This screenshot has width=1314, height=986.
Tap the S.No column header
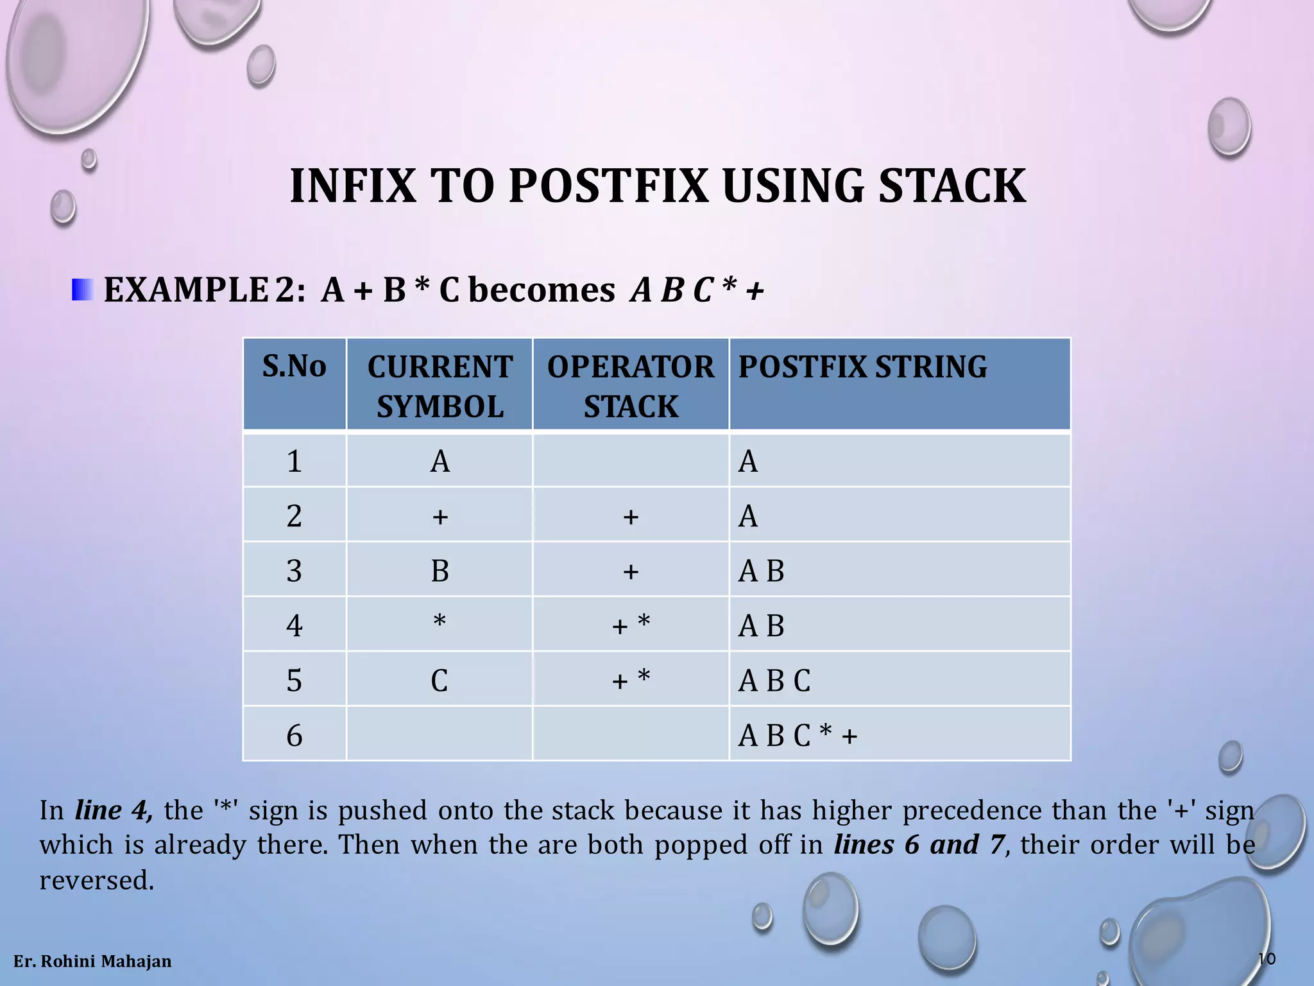pyautogui.click(x=294, y=367)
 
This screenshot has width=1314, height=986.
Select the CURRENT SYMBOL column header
pyautogui.click(x=439, y=386)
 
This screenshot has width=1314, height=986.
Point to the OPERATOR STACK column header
pyautogui.click(x=631, y=386)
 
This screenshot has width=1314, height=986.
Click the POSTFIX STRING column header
pyautogui.click(x=862, y=367)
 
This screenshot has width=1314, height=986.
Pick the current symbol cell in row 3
pyautogui.click(x=439, y=571)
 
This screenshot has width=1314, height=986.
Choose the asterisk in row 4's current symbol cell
pyautogui.click(x=439, y=621)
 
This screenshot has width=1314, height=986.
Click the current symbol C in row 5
pyautogui.click(x=439, y=680)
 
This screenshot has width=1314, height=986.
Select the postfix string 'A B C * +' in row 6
pyautogui.click(x=798, y=736)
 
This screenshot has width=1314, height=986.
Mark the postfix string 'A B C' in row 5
pyautogui.click(x=774, y=680)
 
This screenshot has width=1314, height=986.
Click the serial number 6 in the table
pyautogui.click(x=294, y=736)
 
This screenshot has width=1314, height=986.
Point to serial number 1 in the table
pyautogui.click(x=294, y=462)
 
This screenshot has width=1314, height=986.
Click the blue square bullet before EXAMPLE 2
pyautogui.click(x=83, y=290)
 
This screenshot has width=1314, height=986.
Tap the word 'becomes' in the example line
pyautogui.click(x=542, y=290)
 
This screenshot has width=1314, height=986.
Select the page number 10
pyautogui.click(x=1267, y=959)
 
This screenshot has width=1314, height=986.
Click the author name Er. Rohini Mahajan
pyautogui.click(x=92, y=962)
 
